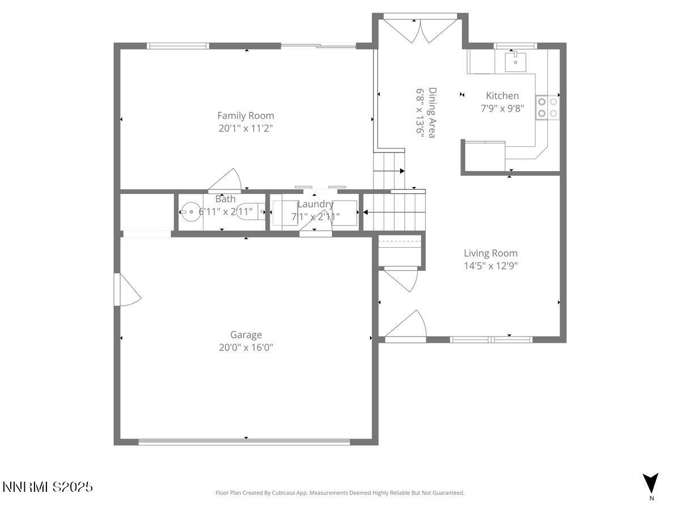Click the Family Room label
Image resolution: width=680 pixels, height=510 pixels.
click(245, 116)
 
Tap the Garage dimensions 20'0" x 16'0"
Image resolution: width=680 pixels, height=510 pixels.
click(245, 347)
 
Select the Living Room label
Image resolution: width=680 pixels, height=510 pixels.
click(490, 253)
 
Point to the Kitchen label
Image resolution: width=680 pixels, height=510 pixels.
click(502, 96)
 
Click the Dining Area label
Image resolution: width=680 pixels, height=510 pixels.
click(432, 113)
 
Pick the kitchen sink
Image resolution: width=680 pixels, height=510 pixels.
click(515, 61)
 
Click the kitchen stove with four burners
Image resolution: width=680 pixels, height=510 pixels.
click(547, 107)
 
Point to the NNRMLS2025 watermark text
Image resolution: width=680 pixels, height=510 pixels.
click(48, 487)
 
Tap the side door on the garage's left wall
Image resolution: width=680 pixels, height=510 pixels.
click(126, 290)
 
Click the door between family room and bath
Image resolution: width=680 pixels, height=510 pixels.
click(226, 181)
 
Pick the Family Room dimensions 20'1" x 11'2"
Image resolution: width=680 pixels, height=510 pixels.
click(245, 129)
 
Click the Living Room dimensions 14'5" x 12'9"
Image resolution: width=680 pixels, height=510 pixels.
click(490, 265)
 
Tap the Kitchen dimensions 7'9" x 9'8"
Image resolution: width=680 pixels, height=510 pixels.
click(502, 108)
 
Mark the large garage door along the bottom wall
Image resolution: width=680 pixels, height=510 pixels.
click(245, 441)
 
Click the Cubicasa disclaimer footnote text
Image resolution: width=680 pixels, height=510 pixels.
click(339, 493)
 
